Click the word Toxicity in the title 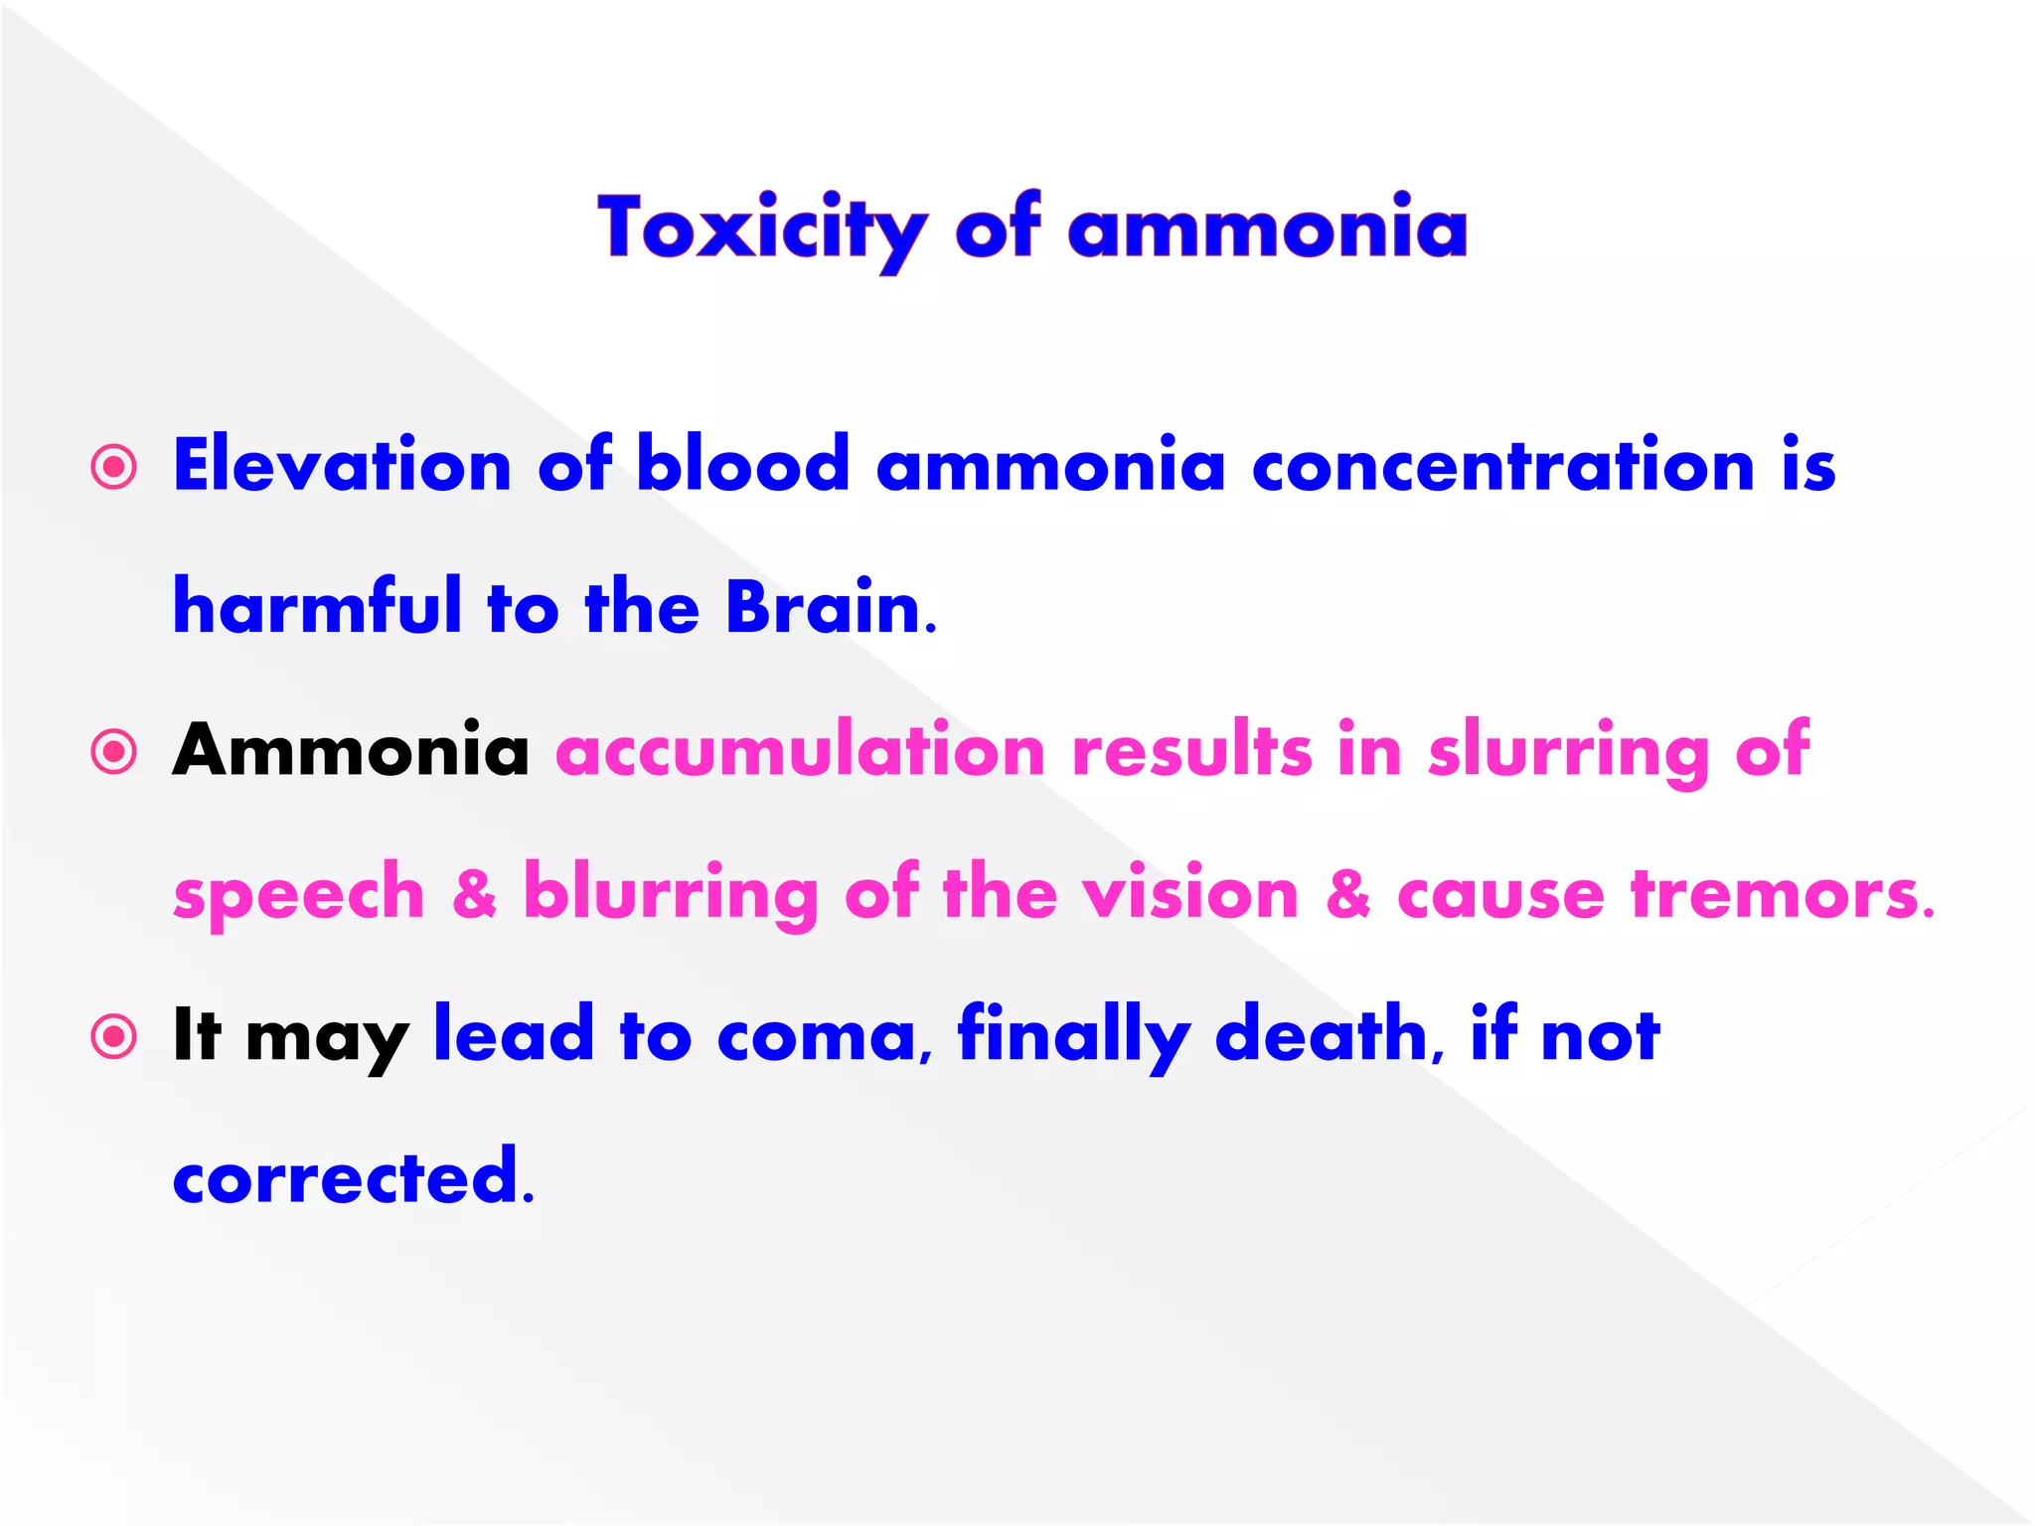point(761,229)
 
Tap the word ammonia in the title point(1267,229)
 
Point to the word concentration point(1503,465)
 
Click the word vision point(1190,892)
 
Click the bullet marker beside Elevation point(114,466)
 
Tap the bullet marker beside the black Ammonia point(114,751)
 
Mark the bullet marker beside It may point(114,1037)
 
